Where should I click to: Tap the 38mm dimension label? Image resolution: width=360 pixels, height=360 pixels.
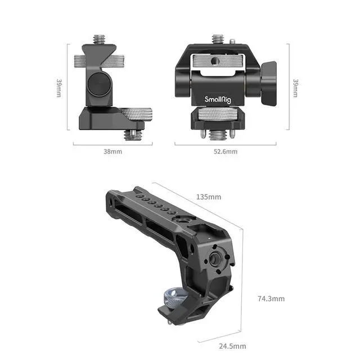coord(112,151)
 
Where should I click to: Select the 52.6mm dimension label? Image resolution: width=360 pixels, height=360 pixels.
coord(225,151)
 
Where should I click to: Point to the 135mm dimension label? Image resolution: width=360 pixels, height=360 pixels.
coord(208,197)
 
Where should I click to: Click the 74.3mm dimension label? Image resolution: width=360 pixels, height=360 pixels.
coord(271,298)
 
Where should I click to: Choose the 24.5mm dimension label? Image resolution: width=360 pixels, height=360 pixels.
coord(232,345)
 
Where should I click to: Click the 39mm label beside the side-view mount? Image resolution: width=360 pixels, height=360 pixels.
coord(58,87)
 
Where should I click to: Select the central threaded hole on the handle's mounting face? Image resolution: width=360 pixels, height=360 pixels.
coord(215,258)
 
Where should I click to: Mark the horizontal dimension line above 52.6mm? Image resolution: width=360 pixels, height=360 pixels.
coord(225,143)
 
